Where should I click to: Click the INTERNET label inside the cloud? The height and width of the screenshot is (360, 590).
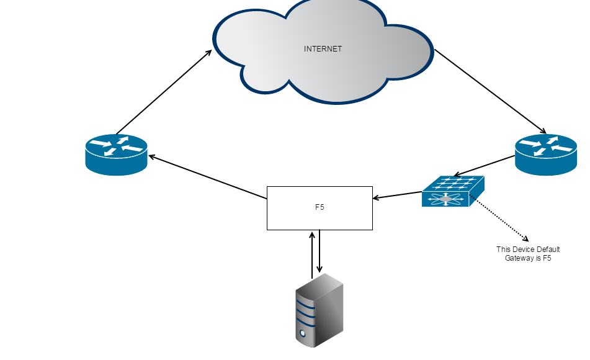(x=323, y=49)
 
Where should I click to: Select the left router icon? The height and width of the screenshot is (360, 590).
(x=116, y=154)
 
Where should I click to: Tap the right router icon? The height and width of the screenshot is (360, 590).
(x=545, y=154)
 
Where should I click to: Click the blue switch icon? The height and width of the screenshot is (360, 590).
(x=452, y=191)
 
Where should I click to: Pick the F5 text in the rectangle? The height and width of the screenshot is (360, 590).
(x=320, y=207)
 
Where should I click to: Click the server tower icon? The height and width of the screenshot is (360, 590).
(x=320, y=310)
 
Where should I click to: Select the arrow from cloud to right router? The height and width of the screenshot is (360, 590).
(x=490, y=91)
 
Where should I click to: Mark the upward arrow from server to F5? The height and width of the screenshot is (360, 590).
(x=312, y=254)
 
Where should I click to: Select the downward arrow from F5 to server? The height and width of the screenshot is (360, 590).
(x=320, y=251)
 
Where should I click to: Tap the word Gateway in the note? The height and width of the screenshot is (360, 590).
(x=519, y=258)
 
